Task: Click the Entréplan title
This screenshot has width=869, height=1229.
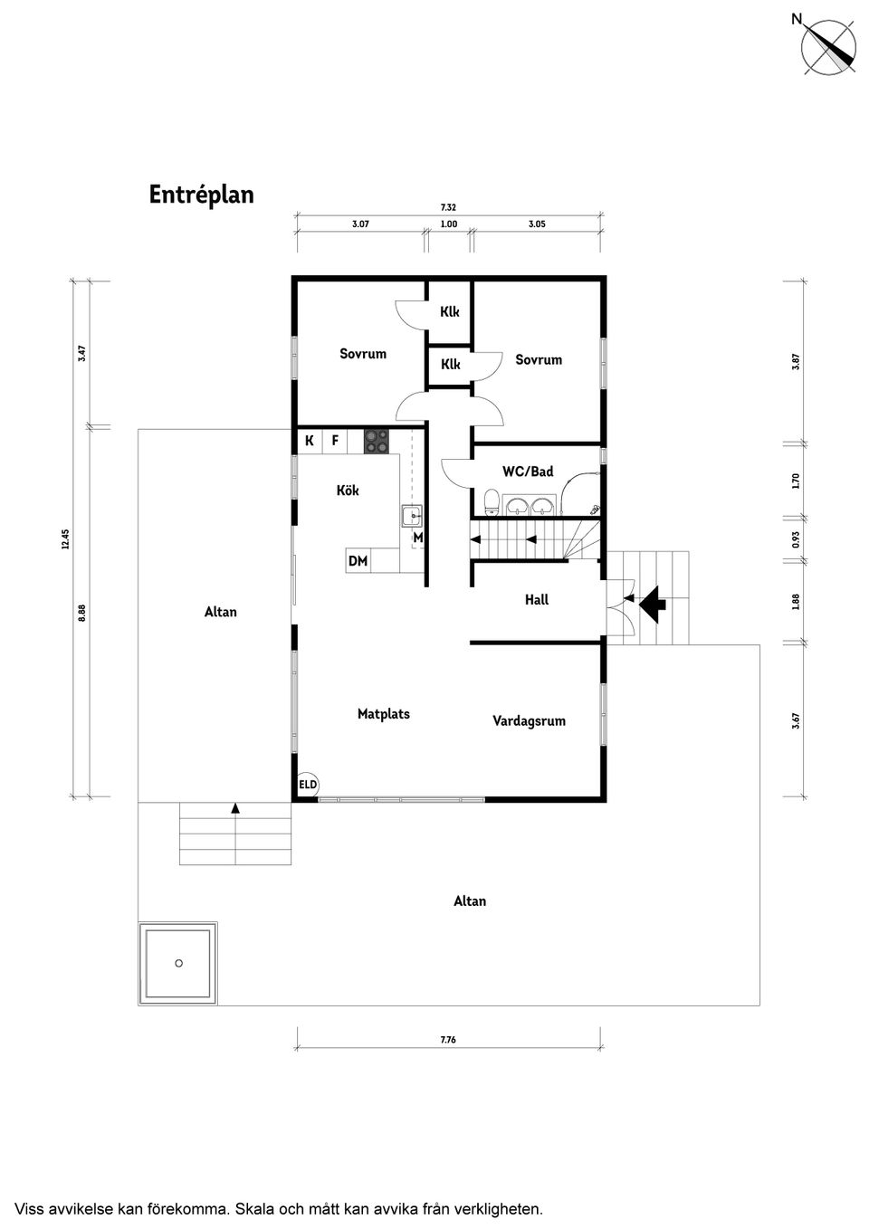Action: point(201,195)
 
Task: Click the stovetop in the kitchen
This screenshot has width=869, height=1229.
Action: point(377,442)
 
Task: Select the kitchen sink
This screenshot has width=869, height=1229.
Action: point(412,516)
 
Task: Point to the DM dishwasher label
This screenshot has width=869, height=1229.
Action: point(358,561)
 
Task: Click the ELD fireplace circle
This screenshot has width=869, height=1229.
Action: point(308,785)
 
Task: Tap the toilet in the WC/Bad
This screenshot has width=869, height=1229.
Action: point(492,502)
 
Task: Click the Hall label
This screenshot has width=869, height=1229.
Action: point(537,600)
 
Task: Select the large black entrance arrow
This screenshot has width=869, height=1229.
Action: point(653,604)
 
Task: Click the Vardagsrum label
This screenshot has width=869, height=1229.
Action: point(529,721)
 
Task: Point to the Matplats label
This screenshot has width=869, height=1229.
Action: point(384,714)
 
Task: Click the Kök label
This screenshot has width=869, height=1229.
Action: point(348,490)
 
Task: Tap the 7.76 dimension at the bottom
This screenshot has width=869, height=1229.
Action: point(448,1040)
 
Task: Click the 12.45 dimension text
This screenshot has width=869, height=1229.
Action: point(66,538)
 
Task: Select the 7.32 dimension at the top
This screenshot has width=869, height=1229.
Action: point(448,207)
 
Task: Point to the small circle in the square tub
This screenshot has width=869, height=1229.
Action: point(178,963)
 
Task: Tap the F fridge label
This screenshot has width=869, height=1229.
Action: point(335,440)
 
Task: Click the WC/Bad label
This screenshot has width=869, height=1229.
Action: point(528,472)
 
